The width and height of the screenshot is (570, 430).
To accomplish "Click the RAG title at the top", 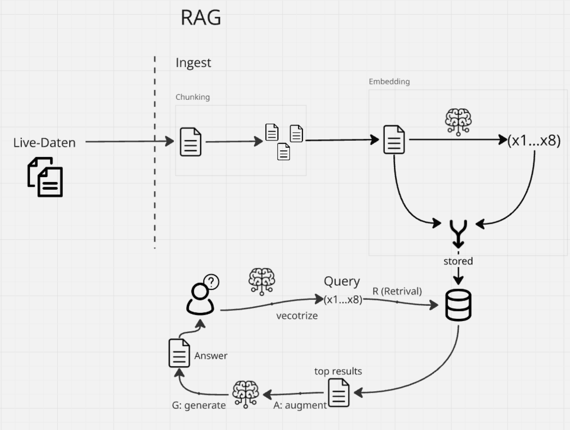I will click(201, 18).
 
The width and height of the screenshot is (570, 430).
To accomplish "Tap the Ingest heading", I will click(193, 63).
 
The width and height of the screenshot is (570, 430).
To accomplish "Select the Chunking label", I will click(193, 97).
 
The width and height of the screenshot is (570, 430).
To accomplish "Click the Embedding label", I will click(389, 82).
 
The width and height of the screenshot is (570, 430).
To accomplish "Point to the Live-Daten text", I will click(45, 142).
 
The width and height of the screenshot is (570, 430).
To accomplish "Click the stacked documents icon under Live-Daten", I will click(45, 177).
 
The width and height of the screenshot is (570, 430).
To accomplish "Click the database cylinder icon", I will click(458, 305).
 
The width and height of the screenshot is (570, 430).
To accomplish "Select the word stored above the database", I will click(458, 261).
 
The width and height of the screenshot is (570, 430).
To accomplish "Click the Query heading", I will click(342, 281).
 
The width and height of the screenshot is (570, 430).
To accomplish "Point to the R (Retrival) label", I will click(397, 291).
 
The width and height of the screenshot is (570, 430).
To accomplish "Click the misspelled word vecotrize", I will click(297, 316).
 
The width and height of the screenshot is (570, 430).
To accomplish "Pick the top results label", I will click(338, 371).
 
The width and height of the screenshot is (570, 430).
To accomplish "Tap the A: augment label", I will click(300, 405).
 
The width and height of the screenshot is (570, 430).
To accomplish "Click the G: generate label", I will click(199, 405).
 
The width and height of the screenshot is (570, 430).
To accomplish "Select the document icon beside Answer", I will click(179, 353).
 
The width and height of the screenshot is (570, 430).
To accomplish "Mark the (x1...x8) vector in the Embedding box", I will click(534, 141).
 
